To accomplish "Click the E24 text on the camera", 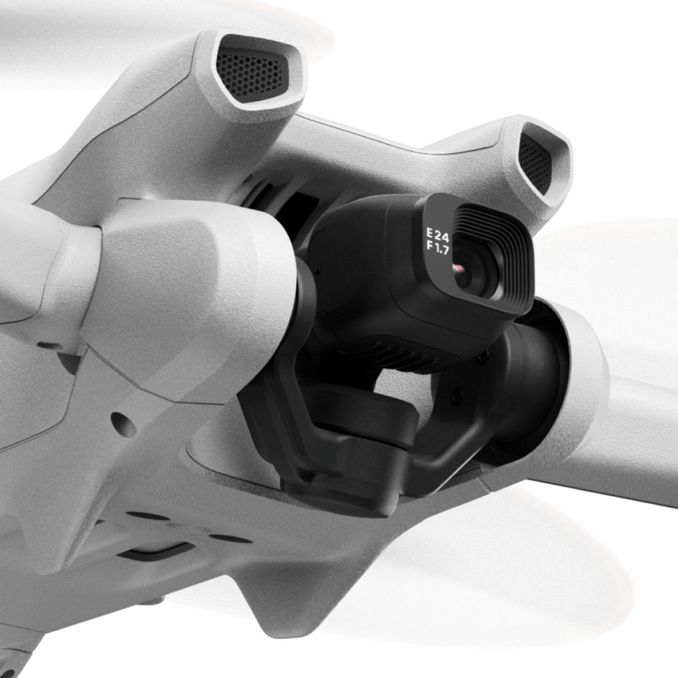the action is pos(437,236).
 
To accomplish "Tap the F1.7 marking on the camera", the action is pos(437,248).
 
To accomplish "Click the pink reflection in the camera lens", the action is pos(458,270).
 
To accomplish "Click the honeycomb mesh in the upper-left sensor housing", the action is pos(250,75).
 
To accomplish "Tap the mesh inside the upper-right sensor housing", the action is pos(535,164).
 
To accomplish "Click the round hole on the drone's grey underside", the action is pos(123,425).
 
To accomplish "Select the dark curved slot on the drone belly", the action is pos(157,552).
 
